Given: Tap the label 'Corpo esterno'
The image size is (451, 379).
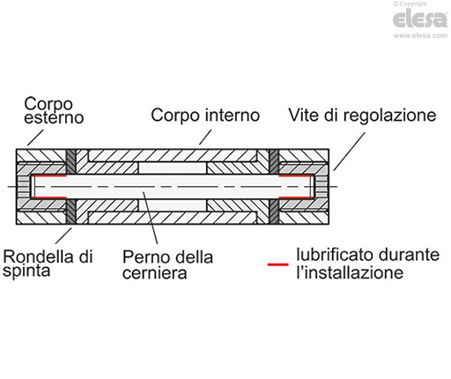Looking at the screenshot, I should click(51, 110).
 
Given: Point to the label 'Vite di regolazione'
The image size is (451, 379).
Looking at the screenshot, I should click(362, 115).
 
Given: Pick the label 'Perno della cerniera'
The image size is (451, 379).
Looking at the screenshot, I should click(167, 264).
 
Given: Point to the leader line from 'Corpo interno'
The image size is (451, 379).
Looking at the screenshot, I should click(204, 135).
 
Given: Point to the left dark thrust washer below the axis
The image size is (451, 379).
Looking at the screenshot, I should click(71, 212).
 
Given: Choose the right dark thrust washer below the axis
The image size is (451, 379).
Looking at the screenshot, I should click(274, 212).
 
